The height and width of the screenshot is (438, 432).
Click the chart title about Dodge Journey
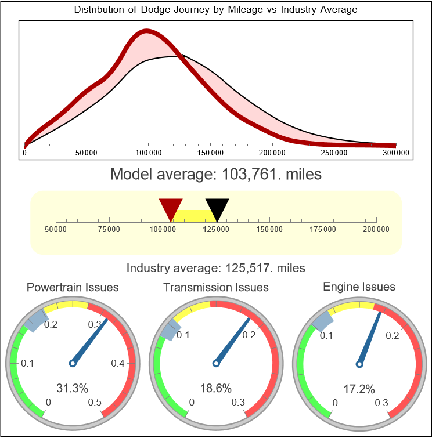[x=216, y=10]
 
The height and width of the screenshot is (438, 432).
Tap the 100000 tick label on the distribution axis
[x=149, y=153]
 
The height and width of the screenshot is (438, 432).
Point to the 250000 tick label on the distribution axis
[x=334, y=153]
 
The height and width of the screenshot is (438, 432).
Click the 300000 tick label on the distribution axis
[x=397, y=153]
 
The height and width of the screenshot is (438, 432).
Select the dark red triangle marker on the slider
[x=171, y=208]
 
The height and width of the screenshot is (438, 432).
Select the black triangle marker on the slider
[x=217, y=208]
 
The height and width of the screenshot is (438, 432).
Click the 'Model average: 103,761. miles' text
[x=216, y=174]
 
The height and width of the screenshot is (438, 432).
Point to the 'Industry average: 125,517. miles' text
[x=216, y=268]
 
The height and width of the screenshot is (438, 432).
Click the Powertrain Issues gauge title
[x=73, y=287]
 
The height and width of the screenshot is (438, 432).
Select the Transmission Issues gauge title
[x=216, y=287]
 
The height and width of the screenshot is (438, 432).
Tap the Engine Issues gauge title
[x=359, y=287]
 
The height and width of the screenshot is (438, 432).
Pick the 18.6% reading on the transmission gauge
[x=216, y=388]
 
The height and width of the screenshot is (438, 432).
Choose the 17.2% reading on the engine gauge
[x=358, y=388]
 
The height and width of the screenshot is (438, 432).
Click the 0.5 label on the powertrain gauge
[x=95, y=403]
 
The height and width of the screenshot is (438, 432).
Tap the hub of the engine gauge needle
[x=359, y=364]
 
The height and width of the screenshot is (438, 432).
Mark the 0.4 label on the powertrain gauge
[x=118, y=364]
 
